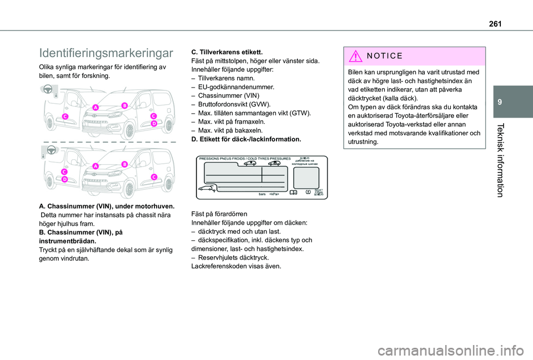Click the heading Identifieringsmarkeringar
point(106,53)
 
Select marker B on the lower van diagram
point(125,164)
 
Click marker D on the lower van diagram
point(65,180)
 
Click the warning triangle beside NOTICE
point(357,56)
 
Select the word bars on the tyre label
point(262,195)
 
